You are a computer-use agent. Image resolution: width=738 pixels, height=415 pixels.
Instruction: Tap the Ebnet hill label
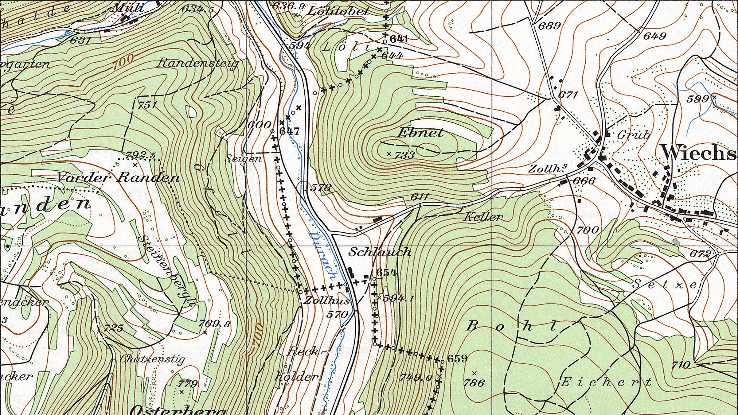point(420,133)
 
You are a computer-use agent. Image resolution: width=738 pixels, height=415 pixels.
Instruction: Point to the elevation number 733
point(404,155)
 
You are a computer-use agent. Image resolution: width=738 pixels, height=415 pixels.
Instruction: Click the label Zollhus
point(327,300)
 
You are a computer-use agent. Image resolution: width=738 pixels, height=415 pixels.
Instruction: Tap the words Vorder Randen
point(118,177)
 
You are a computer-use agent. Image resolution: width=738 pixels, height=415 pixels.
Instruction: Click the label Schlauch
point(380,252)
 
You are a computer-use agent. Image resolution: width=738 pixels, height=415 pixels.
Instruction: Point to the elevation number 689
point(549,25)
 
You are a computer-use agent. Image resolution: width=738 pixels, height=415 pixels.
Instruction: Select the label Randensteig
point(198,63)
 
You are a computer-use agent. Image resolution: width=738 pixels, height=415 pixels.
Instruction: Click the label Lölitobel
point(338,12)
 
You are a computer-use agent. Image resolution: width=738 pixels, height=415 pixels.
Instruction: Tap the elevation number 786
point(474,383)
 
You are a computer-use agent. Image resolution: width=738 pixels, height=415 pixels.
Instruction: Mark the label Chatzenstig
point(152,359)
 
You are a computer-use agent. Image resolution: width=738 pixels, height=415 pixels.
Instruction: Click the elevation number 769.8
point(214,324)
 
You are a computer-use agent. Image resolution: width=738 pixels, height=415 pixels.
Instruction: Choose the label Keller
point(483,217)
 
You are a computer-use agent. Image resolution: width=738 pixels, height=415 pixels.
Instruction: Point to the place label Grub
point(633,135)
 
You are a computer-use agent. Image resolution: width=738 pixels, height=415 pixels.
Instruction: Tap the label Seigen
point(243,159)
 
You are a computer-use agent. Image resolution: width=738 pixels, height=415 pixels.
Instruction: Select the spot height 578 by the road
point(321,187)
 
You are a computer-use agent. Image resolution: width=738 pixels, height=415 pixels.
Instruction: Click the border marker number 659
point(457,359)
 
